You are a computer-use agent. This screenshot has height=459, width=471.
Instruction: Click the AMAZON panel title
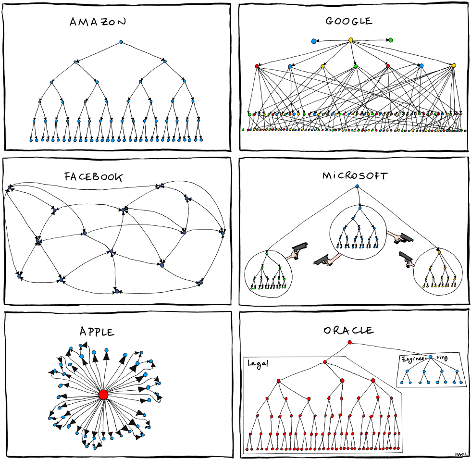tap(98, 22)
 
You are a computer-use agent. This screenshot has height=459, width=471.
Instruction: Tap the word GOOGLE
tap(349, 21)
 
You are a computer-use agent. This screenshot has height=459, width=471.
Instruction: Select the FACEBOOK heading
tap(93, 177)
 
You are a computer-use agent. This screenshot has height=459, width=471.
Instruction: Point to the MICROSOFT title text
tap(355, 175)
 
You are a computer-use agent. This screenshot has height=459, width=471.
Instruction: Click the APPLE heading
tap(97, 332)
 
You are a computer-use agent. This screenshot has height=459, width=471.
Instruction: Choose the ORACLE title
tap(349, 331)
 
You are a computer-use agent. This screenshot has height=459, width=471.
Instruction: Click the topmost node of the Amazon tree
tap(121, 42)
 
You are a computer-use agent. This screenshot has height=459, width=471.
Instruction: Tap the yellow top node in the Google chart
tap(351, 40)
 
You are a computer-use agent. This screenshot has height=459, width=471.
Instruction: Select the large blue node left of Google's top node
tap(314, 41)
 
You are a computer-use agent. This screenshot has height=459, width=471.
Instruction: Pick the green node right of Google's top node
tap(391, 40)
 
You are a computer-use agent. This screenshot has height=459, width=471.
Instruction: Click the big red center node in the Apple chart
tap(103, 395)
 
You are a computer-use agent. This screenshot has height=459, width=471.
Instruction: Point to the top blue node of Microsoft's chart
tap(357, 186)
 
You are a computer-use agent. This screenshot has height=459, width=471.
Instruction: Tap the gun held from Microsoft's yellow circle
tap(405, 258)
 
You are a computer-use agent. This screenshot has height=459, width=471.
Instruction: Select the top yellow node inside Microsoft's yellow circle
tap(439, 251)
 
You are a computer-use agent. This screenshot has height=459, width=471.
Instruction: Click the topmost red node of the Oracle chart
tap(349, 342)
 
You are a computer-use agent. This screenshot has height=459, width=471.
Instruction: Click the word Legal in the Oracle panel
tap(257, 363)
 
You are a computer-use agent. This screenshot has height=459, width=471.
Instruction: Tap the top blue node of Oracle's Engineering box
tap(431, 357)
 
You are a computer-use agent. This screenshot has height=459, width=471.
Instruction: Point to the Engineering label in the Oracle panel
tap(414, 359)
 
